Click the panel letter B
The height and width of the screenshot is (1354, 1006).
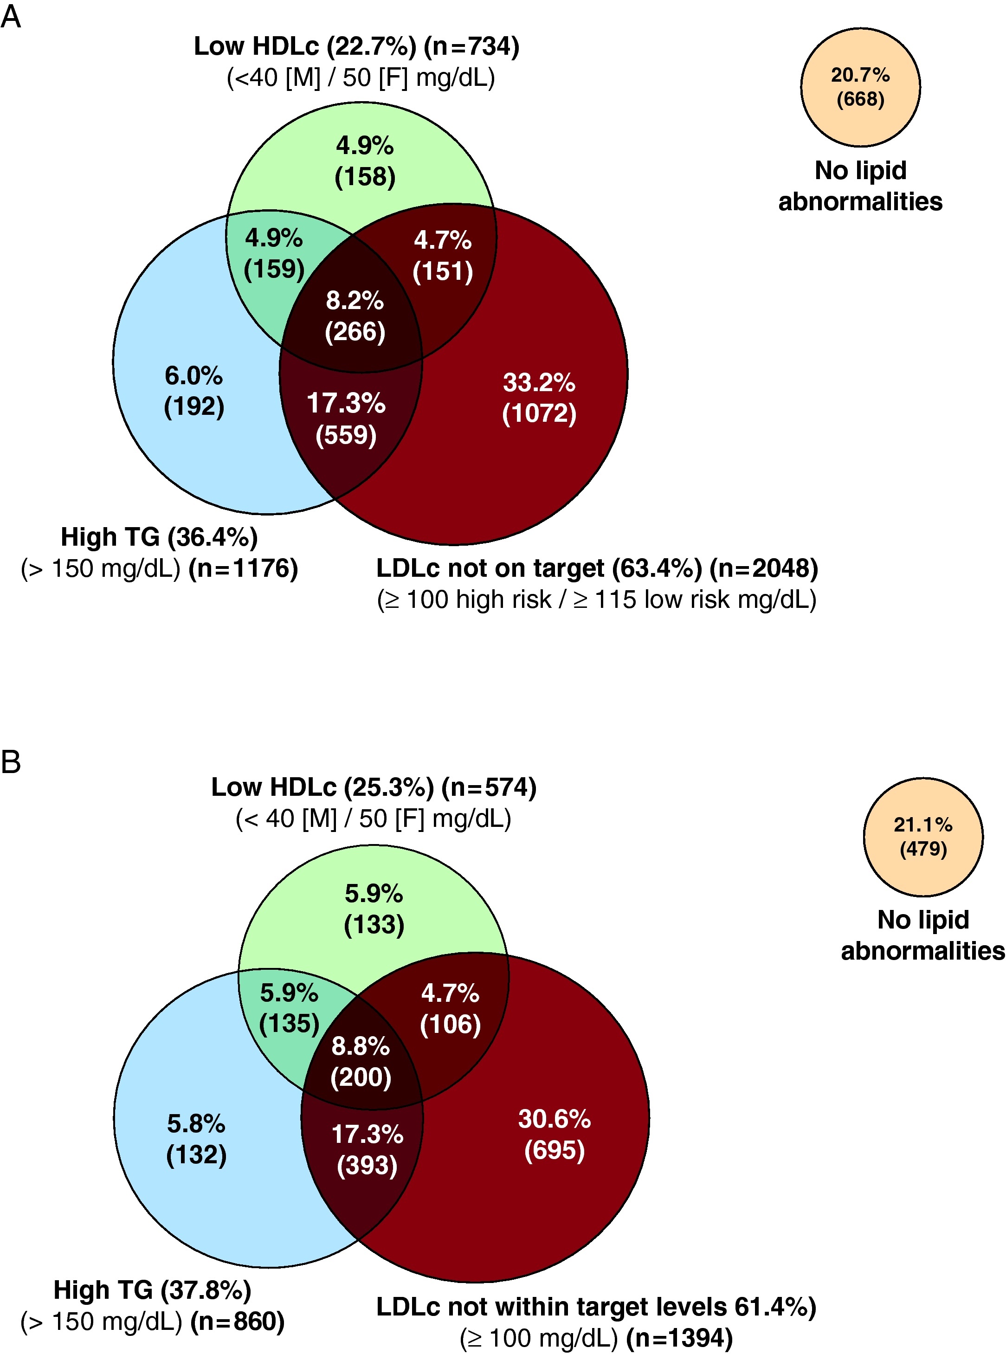(11, 761)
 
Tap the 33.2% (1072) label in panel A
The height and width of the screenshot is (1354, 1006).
(539, 398)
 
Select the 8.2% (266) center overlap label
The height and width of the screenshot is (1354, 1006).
(355, 316)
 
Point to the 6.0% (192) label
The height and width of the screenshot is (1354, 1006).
(193, 391)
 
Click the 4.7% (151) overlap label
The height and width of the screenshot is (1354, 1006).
(443, 256)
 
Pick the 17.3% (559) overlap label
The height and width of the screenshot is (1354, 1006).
(346, 419)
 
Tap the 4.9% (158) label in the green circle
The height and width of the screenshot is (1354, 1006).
(365, 161)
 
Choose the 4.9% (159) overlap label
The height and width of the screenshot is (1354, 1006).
(274, 253)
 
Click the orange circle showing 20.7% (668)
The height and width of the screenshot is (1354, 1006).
(860, 87)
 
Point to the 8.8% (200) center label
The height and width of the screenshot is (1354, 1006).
(361, 1062)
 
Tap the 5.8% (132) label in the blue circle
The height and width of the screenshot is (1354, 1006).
(196, 1139)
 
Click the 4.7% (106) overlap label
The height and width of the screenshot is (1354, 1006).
(450, 1008)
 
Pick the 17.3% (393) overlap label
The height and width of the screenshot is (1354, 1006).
(367, 1149)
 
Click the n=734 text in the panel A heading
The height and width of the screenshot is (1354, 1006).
(472, 46)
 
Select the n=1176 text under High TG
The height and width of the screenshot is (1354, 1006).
(243, 568)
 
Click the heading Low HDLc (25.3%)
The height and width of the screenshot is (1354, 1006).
(323, 787)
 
